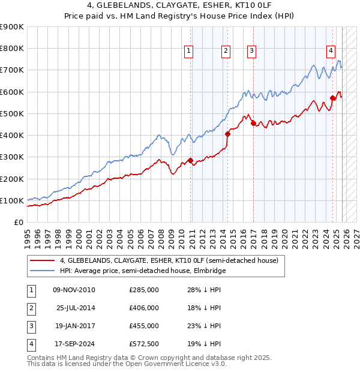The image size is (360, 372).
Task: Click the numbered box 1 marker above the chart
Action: (188, 51)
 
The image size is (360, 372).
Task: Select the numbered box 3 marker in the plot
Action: (251, 51)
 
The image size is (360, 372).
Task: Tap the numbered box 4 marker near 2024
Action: (331, 51)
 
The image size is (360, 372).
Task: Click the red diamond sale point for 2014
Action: (227, 134)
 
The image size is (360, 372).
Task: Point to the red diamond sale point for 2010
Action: (190, 160)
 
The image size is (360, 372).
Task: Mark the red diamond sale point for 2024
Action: (332, 98)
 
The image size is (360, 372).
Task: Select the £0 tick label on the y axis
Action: (18, 222)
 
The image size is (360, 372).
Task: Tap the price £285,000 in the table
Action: (144, 290)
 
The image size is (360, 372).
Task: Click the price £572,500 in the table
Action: (144, 344)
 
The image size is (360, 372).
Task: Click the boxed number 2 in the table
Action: (31, 308)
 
